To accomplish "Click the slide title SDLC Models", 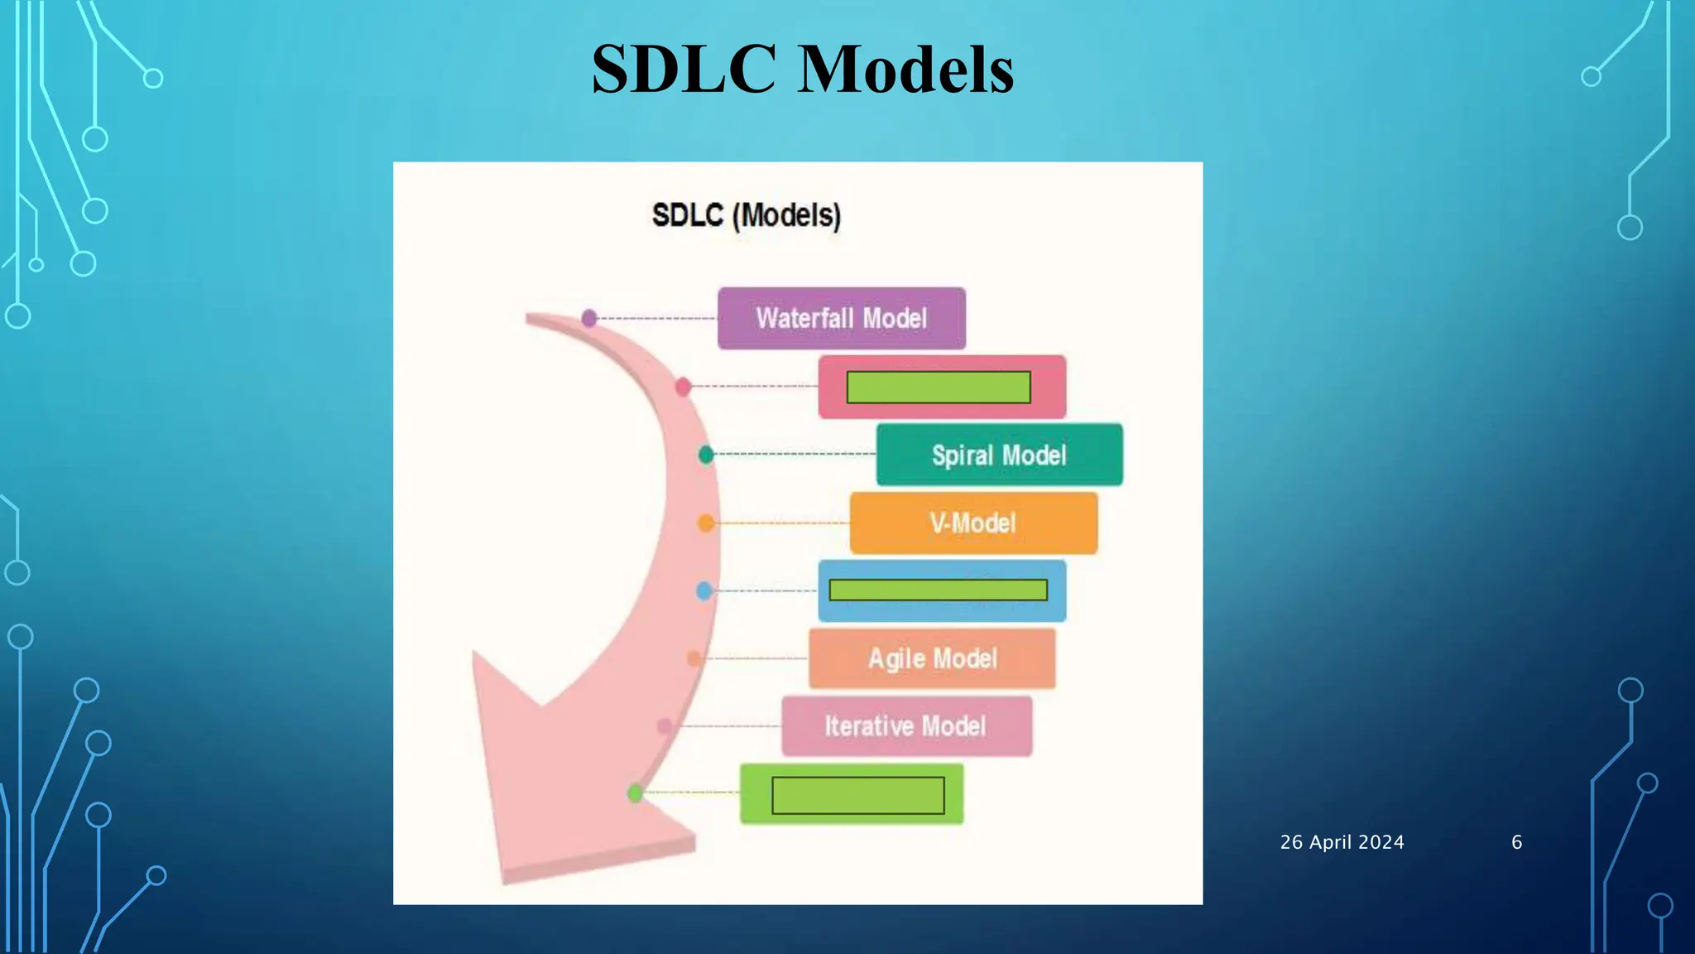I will point(802,69).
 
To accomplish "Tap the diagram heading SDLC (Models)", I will point(746,215).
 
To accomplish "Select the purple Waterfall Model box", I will point(841,318).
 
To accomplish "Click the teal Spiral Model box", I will point(999,455).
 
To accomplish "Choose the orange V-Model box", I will point(973,523).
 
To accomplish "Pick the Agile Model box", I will point(932,658).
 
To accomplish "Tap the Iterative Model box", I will point(906,726).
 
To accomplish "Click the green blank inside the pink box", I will point(939,387).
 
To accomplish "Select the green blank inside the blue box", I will point(938,590).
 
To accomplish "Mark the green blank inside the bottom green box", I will point(857,795).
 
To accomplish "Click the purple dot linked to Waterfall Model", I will point(589,318).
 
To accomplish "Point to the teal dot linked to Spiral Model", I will point(706,455).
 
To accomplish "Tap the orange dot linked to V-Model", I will point(706,523).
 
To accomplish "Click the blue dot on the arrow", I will point(704,590).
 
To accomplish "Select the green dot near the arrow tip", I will point(636,793).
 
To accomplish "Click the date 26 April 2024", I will point(1342,842).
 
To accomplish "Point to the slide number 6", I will point(1516,842).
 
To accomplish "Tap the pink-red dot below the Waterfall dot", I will point(683,387).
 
